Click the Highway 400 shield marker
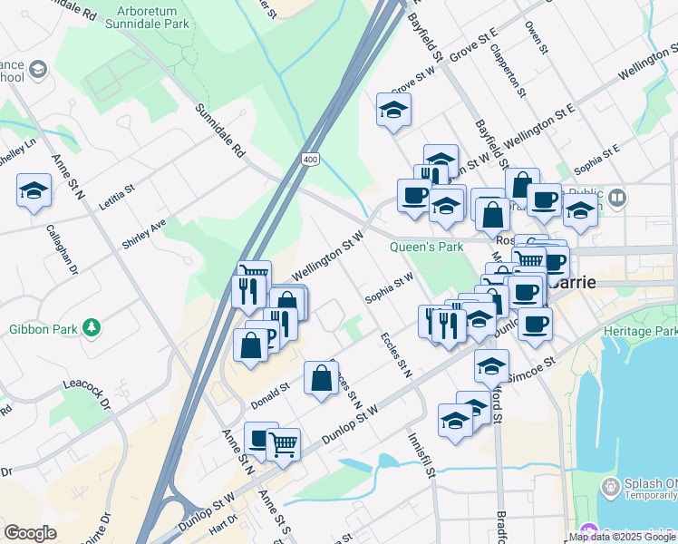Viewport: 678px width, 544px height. coord(311,160)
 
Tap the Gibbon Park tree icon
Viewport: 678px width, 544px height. coord(91,326)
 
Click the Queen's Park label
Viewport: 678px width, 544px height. coord(426,247)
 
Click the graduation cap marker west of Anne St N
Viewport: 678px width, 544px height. coord(34,191)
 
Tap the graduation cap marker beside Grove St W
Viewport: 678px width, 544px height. coord(393,110)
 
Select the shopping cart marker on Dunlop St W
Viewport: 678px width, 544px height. coord(284,444)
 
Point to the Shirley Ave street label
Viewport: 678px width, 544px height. coord(144,234)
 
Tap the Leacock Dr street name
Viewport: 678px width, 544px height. coord(86,391)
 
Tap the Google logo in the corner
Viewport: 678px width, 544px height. coord(29,533)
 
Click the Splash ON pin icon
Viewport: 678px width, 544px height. coord(611,488)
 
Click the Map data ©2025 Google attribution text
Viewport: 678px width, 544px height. coord(622,537)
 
